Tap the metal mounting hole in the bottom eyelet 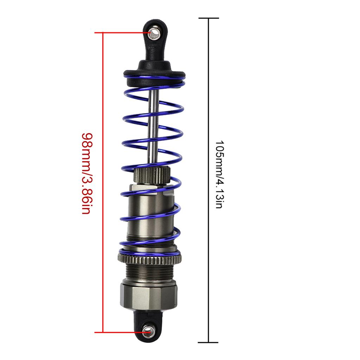(x=148, y=331)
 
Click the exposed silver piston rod (x=154, y=127)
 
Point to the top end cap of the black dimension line (x=209, y=18)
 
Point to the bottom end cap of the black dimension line (x=209, y=342)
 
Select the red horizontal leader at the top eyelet (x=123, y=33)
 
